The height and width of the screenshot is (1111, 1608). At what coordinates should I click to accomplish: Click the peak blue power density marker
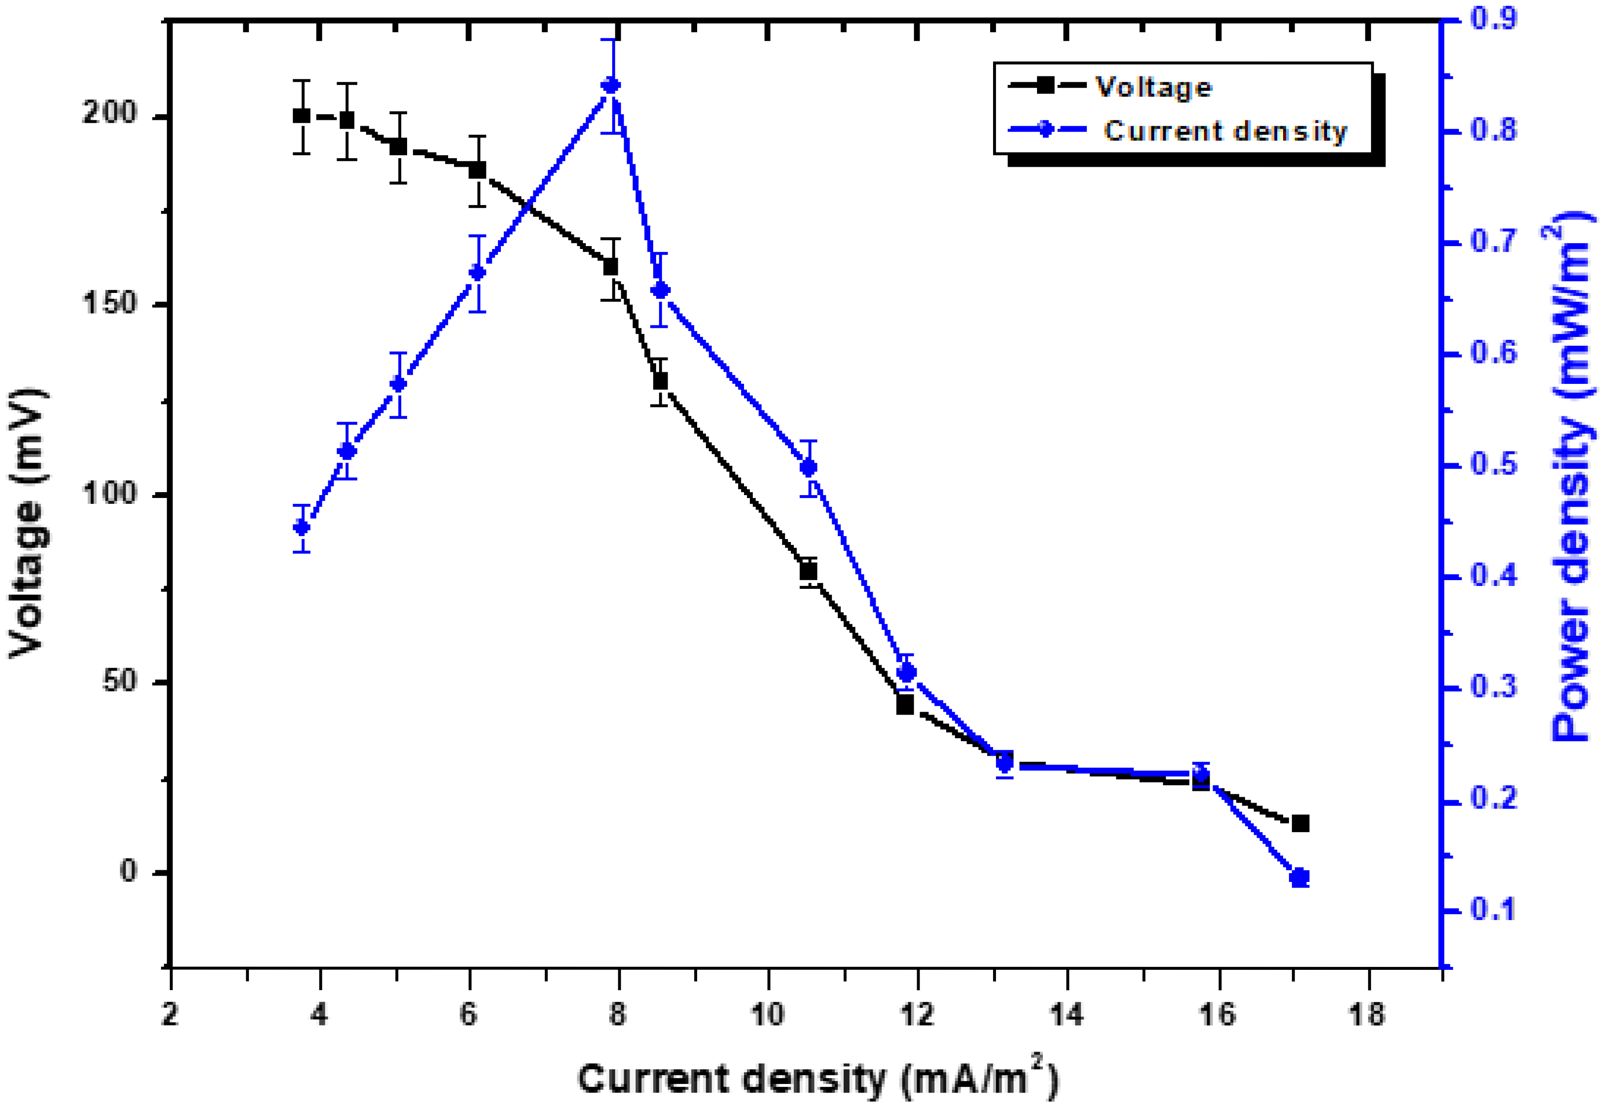(x=611, y=86)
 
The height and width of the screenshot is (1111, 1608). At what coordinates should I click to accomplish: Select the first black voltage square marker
(x=301, y=116)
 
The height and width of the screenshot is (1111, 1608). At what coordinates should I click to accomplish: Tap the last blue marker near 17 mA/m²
(x=1299, y=878)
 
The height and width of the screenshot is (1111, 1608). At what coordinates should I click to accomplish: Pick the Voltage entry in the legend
(x=1153, y=87)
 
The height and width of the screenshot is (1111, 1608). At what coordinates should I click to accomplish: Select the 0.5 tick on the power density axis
(x=1494, y=465)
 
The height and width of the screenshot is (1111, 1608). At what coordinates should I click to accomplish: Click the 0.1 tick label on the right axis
(x=1494, y=909)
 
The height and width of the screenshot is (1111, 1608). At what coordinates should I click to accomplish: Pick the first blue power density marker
(x=301, y=527)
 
